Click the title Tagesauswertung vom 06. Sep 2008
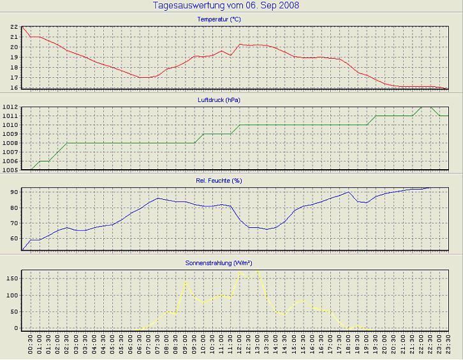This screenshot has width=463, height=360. click(x=226, y=6)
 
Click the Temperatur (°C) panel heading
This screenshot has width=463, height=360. click(x=219, y=20)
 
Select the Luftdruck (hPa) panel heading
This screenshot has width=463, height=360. click(x=219, y=100)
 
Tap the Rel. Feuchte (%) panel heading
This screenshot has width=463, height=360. click(x=219, y=181)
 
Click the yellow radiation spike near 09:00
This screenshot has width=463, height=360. click(x=186, y=281)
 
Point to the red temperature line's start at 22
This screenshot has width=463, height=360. click(x=23, y=27)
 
